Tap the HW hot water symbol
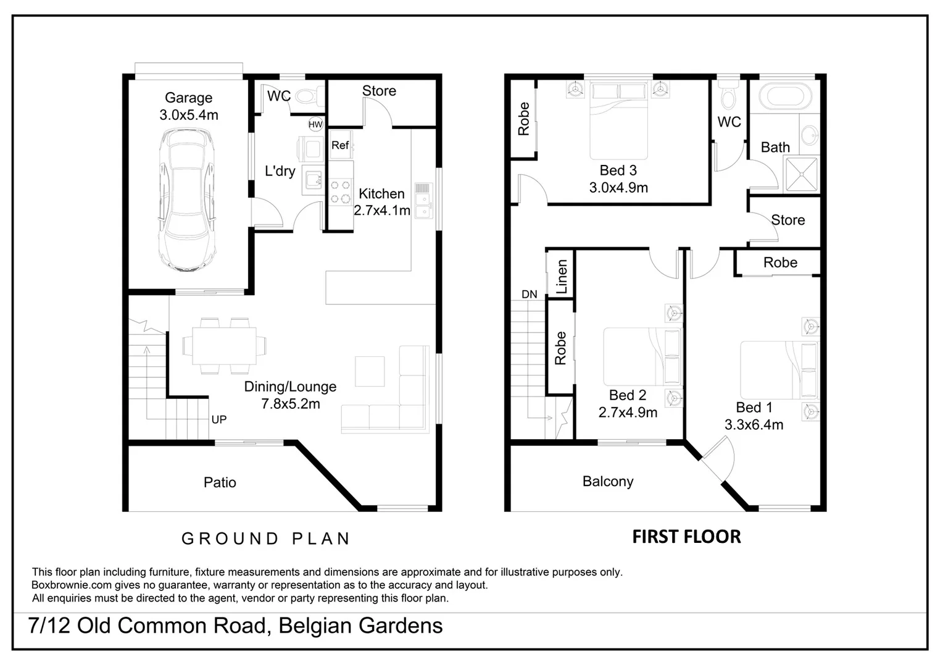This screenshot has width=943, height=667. click(x=315, y=125)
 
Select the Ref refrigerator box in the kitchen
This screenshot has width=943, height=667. click(x=340, y=145)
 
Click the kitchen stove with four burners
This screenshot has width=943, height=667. click(x=340, y=191)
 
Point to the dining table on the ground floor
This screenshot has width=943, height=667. click(x=224, y=346)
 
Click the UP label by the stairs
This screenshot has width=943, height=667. click(x=219, y=419)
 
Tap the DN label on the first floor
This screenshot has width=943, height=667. click(x=530, y=295)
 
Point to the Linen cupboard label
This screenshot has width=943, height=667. click(x=562, y=276)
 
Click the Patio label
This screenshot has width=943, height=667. click(x=220, y=482)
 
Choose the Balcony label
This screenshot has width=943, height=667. click(x=608, y=481)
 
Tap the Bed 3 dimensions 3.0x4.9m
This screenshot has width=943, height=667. click(x=618, y=188)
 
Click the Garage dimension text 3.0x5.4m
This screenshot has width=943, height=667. click(x=189, y=115)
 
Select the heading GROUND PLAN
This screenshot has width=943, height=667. click(x=266, y=539)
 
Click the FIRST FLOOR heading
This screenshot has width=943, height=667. click(x=686, y=537)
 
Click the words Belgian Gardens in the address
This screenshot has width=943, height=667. click(x=360, y=626)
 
